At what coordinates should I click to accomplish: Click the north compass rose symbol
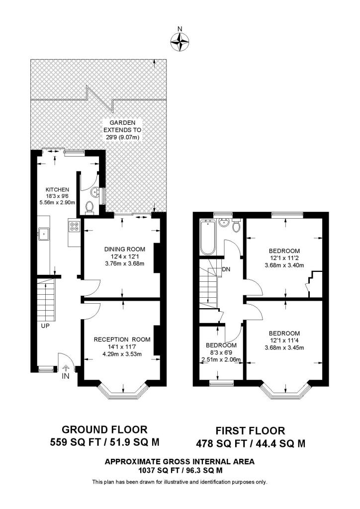click(x=180, y=41)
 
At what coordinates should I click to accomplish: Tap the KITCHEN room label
click(x=57, y=189)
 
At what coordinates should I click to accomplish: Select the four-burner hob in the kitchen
click(x=74, y=226)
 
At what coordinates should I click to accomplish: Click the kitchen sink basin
click(x=43, y=234)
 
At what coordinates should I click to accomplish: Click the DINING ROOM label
click(x=125, y=250)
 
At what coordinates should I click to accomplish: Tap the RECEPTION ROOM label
click(x=122, y=339)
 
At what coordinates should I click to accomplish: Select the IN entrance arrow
click(x=66, y=368)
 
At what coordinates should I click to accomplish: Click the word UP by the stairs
click(x=45, y=325)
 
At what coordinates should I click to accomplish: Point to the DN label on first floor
click(x=226, y=269)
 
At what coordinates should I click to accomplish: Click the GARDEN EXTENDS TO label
click(x=122, y=126)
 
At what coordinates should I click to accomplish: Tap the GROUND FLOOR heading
click(x=104, y=429)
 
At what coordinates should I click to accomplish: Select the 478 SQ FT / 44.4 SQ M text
click(x=251, y=443)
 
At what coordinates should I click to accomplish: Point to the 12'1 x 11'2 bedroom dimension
click(x=284, y=258)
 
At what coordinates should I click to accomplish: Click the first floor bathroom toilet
click(x=237, y=226)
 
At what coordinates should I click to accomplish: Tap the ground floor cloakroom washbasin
click(x=95, y=192)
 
